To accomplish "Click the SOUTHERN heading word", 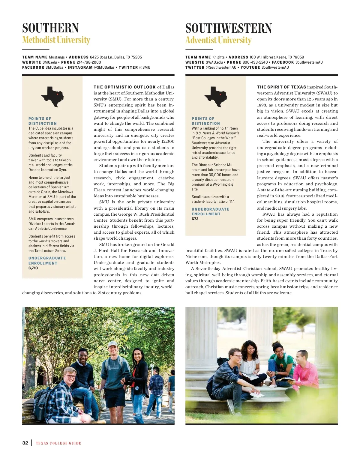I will (x=50, y=28).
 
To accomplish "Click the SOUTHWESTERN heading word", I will (x=229, y=28).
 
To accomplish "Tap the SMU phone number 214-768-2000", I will (x=89, y=62).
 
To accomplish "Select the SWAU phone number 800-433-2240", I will (x=255, y=62).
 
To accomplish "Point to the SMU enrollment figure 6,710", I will (x=33, y=268).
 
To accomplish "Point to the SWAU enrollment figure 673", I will (x=195, y=219).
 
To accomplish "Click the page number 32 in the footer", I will (x=25, y=443).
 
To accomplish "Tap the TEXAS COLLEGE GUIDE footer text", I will (x=58, y=443).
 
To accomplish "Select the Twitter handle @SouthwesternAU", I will (x=221, y=67).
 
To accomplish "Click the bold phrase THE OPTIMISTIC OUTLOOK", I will (x=124, y=87).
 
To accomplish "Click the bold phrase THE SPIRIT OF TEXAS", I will (x=281, y=87).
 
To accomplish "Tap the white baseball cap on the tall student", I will (x=112, y=344).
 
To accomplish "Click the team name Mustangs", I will (x=57, y=57).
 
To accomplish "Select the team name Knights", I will (x=218, y=57).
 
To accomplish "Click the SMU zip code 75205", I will (x=136, y=57).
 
